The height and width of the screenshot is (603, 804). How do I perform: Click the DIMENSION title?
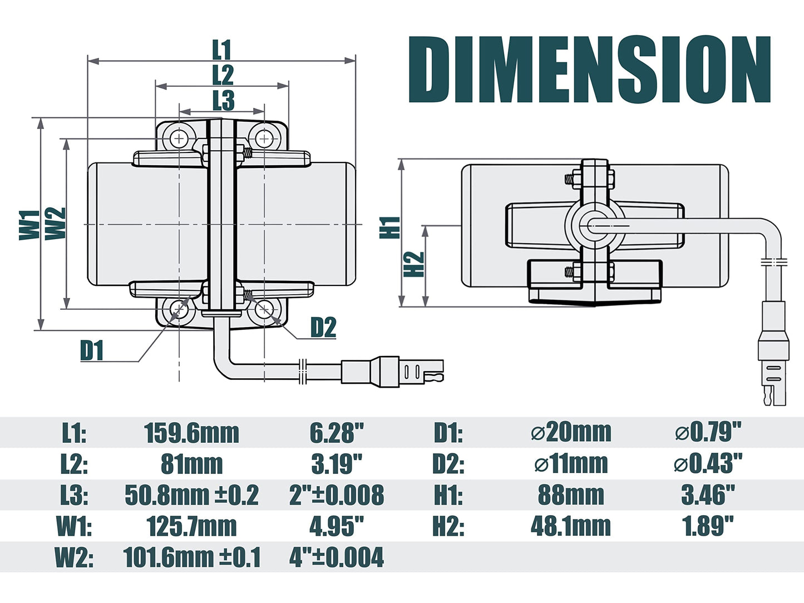coord(590,70)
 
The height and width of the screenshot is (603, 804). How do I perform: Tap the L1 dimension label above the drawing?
coord(221,50)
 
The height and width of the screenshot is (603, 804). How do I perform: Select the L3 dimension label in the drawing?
coord(223,101)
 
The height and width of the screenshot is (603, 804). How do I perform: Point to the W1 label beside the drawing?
coord(29,225)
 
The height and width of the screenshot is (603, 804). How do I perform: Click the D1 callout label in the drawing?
coord(92,350)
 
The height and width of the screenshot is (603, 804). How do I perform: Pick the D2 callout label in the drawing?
coord(323,328)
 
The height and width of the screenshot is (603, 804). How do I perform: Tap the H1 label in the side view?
coord(390,228)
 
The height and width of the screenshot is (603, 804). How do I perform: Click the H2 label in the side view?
coord(414,264)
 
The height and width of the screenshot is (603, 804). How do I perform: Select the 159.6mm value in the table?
coord(191,433)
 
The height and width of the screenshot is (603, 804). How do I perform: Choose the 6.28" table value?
coord(336,433)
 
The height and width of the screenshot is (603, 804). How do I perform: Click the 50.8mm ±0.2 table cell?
coord(191,495)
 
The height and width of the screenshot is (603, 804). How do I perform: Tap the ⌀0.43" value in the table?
coord(708,463)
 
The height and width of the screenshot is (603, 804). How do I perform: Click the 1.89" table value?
coord(708,526)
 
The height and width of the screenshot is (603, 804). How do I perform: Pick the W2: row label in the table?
coord(74,557)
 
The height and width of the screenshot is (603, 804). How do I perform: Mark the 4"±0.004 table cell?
coord(336,557)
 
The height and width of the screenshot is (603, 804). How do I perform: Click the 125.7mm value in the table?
coord(191,526)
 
